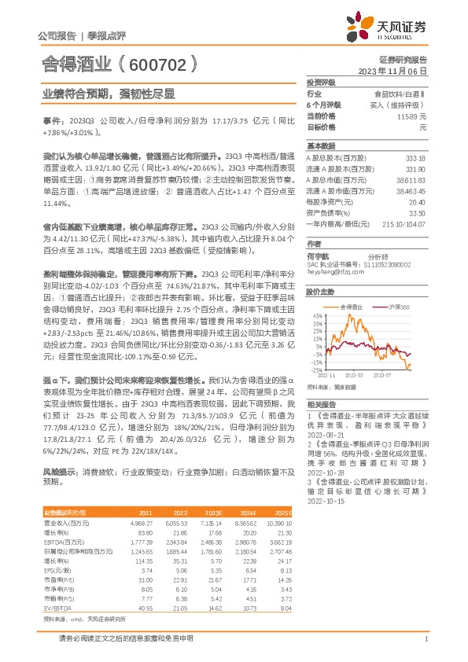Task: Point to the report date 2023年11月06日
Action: [392, 70]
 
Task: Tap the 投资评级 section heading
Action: [322, 82]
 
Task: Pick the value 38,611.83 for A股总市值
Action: [410, 180]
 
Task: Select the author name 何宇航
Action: [317, 256]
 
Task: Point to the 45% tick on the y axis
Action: [317, 316]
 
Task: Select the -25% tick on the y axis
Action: [316, 370]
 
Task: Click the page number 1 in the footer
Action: [425, 639]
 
